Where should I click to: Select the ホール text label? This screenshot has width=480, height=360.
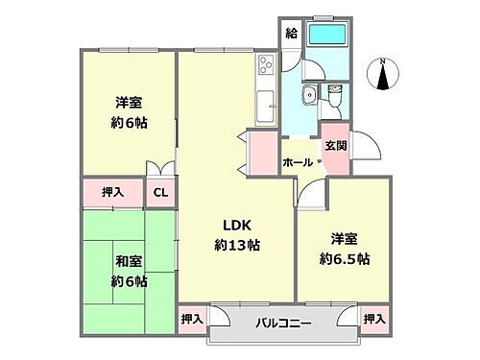297,163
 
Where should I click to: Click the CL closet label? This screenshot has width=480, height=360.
160,192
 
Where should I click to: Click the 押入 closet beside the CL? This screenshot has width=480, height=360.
113,192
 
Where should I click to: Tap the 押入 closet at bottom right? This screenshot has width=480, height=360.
374,318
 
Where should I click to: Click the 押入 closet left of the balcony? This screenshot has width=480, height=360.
192,318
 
